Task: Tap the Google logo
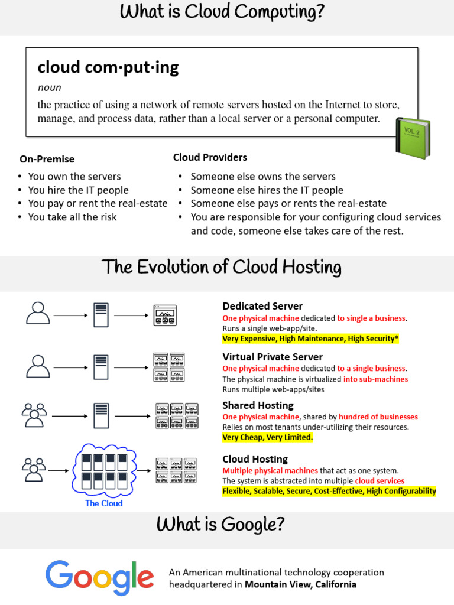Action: [99, 577]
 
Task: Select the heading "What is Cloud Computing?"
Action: [222, 12]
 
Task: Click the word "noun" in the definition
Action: [49, 87]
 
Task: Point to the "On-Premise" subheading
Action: [47, 159]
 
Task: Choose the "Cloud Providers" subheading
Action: [210, 157]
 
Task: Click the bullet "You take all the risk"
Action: [72, 217]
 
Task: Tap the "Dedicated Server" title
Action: [262, 306]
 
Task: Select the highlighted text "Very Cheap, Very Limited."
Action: [267, 437]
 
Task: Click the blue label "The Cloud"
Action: [104, 503]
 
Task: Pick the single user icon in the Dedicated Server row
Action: [38, 313]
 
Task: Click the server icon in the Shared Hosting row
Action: [101, 415]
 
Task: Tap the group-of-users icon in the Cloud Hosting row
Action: [34, 469]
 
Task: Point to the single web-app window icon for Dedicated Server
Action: [165, 314]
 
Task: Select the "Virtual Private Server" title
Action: [273, 357]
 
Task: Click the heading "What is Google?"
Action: [220, 524]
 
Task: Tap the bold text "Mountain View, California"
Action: [300, 584]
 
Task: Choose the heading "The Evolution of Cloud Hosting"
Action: [222, 268]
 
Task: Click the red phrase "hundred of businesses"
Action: [378, 417]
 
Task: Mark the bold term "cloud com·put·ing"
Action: [108, 67]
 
